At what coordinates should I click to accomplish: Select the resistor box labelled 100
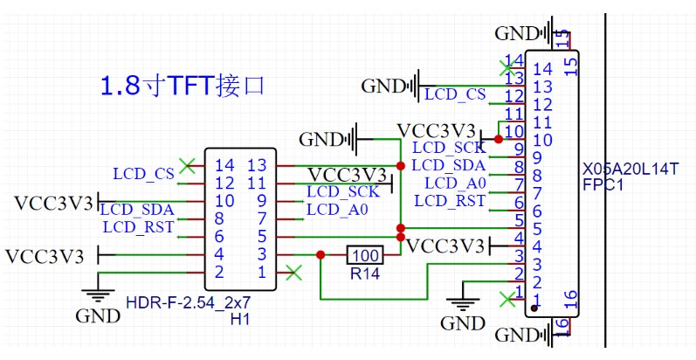[365, 255]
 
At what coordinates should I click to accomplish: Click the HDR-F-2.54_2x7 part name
[188, 303]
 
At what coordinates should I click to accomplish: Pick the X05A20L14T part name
[630, 168]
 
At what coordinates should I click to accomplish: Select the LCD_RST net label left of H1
[138, 227]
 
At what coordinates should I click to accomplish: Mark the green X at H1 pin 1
[294, 273]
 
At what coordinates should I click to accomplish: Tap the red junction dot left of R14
[320, 255]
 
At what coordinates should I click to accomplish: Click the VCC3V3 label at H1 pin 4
[45, 256]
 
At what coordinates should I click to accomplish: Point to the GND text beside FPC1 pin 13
[380, 86]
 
